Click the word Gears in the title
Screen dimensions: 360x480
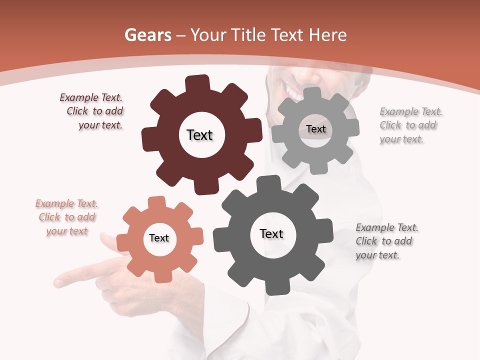click(x=147, y=35)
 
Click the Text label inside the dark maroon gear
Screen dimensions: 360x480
click(x=199, y=135)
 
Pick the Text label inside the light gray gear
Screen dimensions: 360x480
click(x=315, y=129)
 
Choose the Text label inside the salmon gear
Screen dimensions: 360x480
click(x=159, y=238)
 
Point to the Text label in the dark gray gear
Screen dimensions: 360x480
click(x=271, y=233)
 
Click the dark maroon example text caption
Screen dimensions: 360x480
click(x=92, y=111)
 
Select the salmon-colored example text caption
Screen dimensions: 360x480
click(x=67, y=217)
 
